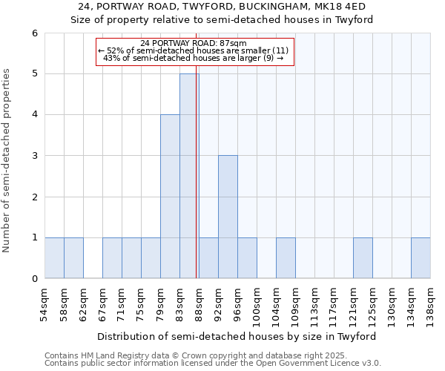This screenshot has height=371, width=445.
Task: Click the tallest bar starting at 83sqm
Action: point(189,176)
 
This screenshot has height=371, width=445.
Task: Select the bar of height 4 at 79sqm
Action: point(170,197)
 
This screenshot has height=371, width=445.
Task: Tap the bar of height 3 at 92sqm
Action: point(228,217)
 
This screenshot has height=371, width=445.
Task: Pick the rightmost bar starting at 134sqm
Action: point(421,258)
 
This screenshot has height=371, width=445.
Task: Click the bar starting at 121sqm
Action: point(363,258)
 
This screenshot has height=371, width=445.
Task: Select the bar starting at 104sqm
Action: point(286,258)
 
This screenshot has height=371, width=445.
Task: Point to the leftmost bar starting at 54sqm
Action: point(54,258)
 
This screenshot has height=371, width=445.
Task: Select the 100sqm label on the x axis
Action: point(257,302)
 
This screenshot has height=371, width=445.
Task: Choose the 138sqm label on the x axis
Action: point(431,302)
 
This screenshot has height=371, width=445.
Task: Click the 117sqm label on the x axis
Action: point(334,302)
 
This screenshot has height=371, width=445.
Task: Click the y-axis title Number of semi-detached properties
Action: point(7,160)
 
